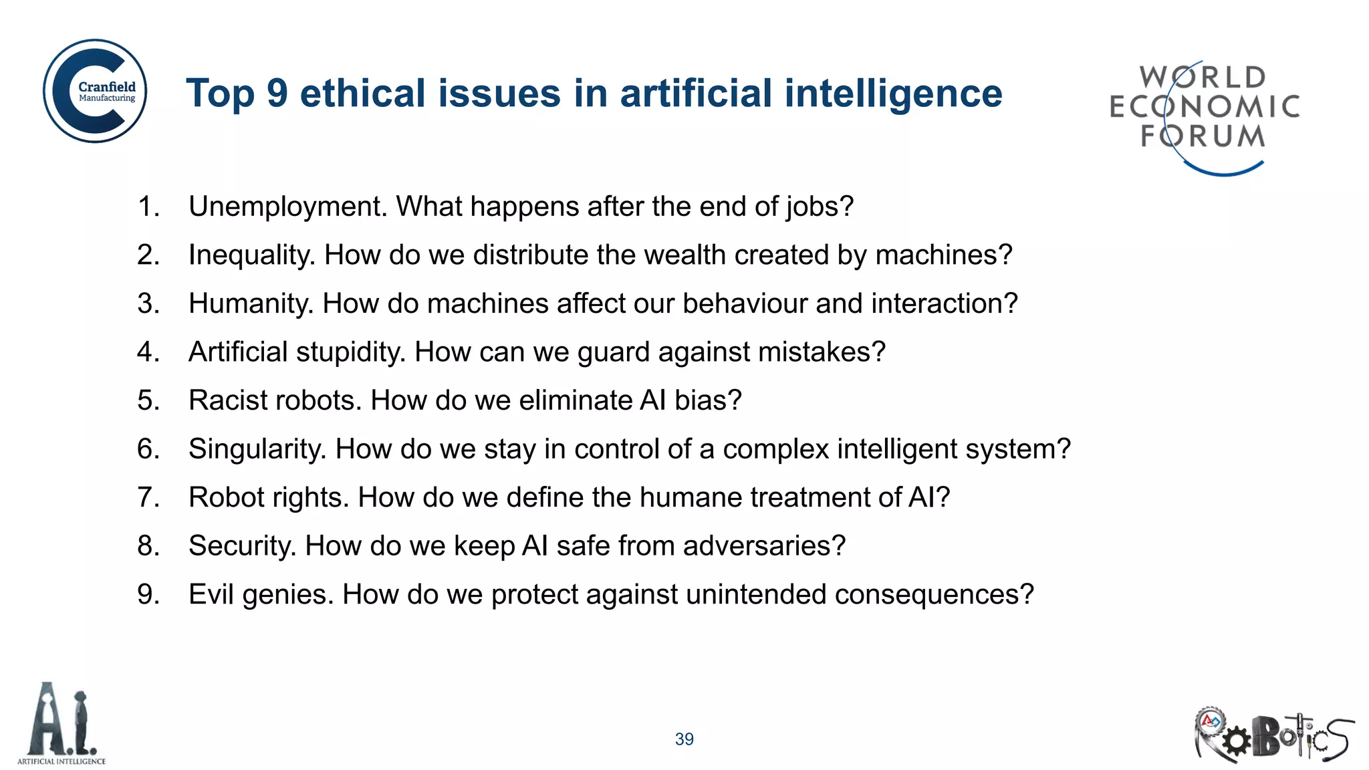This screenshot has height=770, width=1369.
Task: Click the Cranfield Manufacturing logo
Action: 95,91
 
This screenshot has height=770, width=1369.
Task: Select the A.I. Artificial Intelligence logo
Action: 61,724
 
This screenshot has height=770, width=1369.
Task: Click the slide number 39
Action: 684,739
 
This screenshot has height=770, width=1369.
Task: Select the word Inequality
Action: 251,255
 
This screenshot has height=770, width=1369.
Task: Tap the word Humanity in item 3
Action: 251,304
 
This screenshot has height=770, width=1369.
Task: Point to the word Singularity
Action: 257,449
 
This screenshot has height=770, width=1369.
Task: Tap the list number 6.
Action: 148,449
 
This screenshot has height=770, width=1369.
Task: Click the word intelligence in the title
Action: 893,93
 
